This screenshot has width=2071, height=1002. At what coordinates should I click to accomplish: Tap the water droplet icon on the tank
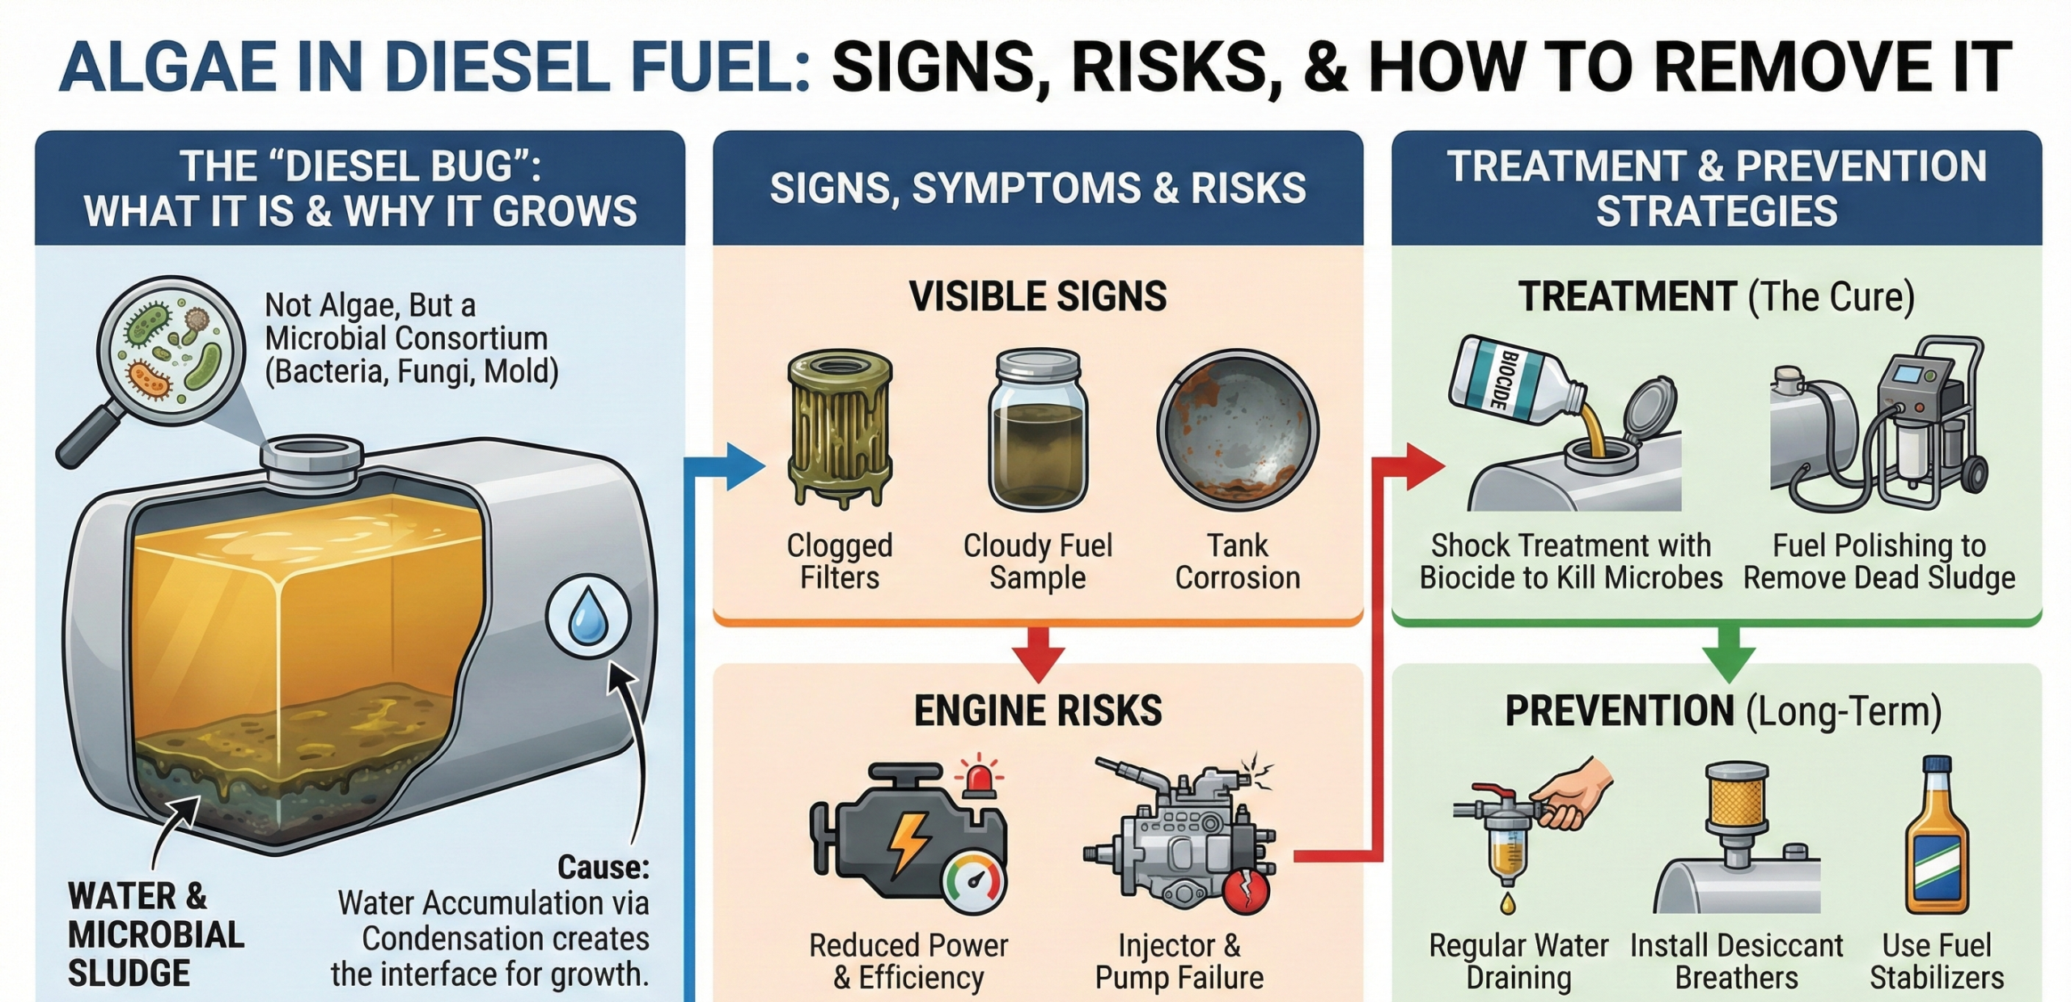pos(587,617)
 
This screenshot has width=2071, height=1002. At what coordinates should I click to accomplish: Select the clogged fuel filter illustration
pos(840,429)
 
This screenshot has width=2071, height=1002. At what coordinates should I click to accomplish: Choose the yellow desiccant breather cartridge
pos(1736,797)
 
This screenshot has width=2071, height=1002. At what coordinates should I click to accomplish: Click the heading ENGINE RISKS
pos(1038,711)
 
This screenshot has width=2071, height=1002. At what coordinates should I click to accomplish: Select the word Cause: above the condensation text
pos(603,868)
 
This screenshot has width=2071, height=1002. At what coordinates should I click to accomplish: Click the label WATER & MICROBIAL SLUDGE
pos(155,935)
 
